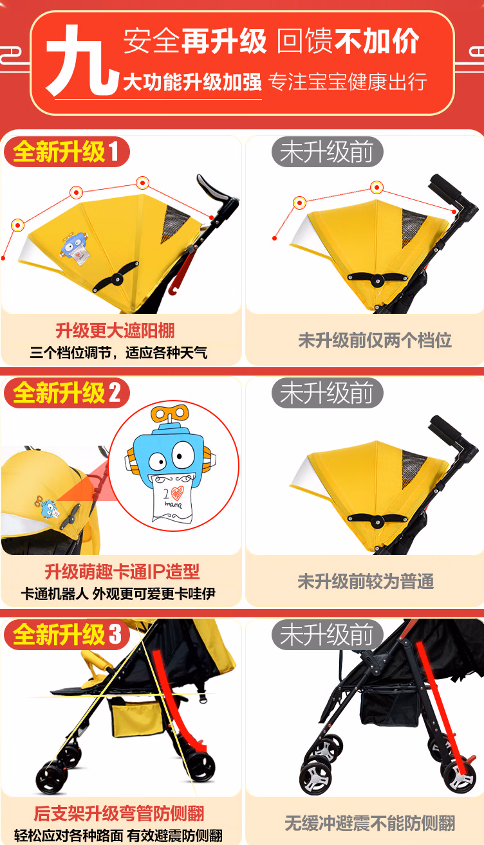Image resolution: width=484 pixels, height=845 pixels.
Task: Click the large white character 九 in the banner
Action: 81,60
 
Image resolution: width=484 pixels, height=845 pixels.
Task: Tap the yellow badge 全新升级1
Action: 66,152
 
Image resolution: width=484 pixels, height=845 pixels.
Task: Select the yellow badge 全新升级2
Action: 67,393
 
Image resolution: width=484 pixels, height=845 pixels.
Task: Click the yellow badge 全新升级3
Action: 67,634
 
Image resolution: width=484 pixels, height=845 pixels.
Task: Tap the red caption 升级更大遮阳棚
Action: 115,331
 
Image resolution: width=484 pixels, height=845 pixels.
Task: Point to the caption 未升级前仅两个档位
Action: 375,340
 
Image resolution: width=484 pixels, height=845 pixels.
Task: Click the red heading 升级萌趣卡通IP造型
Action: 122,572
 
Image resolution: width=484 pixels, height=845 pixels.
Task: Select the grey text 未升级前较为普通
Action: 366,581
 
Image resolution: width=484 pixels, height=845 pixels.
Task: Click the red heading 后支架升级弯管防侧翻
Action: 119,813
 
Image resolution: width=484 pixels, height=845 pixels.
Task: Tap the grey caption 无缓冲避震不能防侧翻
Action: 370,822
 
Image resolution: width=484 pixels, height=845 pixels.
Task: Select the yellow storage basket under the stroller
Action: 136,716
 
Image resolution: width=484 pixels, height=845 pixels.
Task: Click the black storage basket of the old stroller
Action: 389,706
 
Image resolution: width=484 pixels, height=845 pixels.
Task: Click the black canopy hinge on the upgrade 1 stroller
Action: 116,277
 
